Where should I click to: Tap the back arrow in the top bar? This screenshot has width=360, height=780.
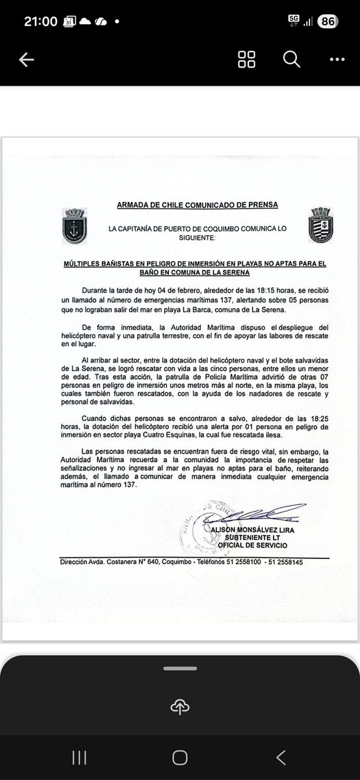(26, 60)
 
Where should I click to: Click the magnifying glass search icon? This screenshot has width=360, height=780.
(292, 60)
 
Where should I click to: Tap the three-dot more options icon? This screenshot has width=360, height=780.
(336, 60)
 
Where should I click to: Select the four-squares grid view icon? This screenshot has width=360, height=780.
(247, 60)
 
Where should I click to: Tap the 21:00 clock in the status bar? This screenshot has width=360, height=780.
(40, 21)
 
